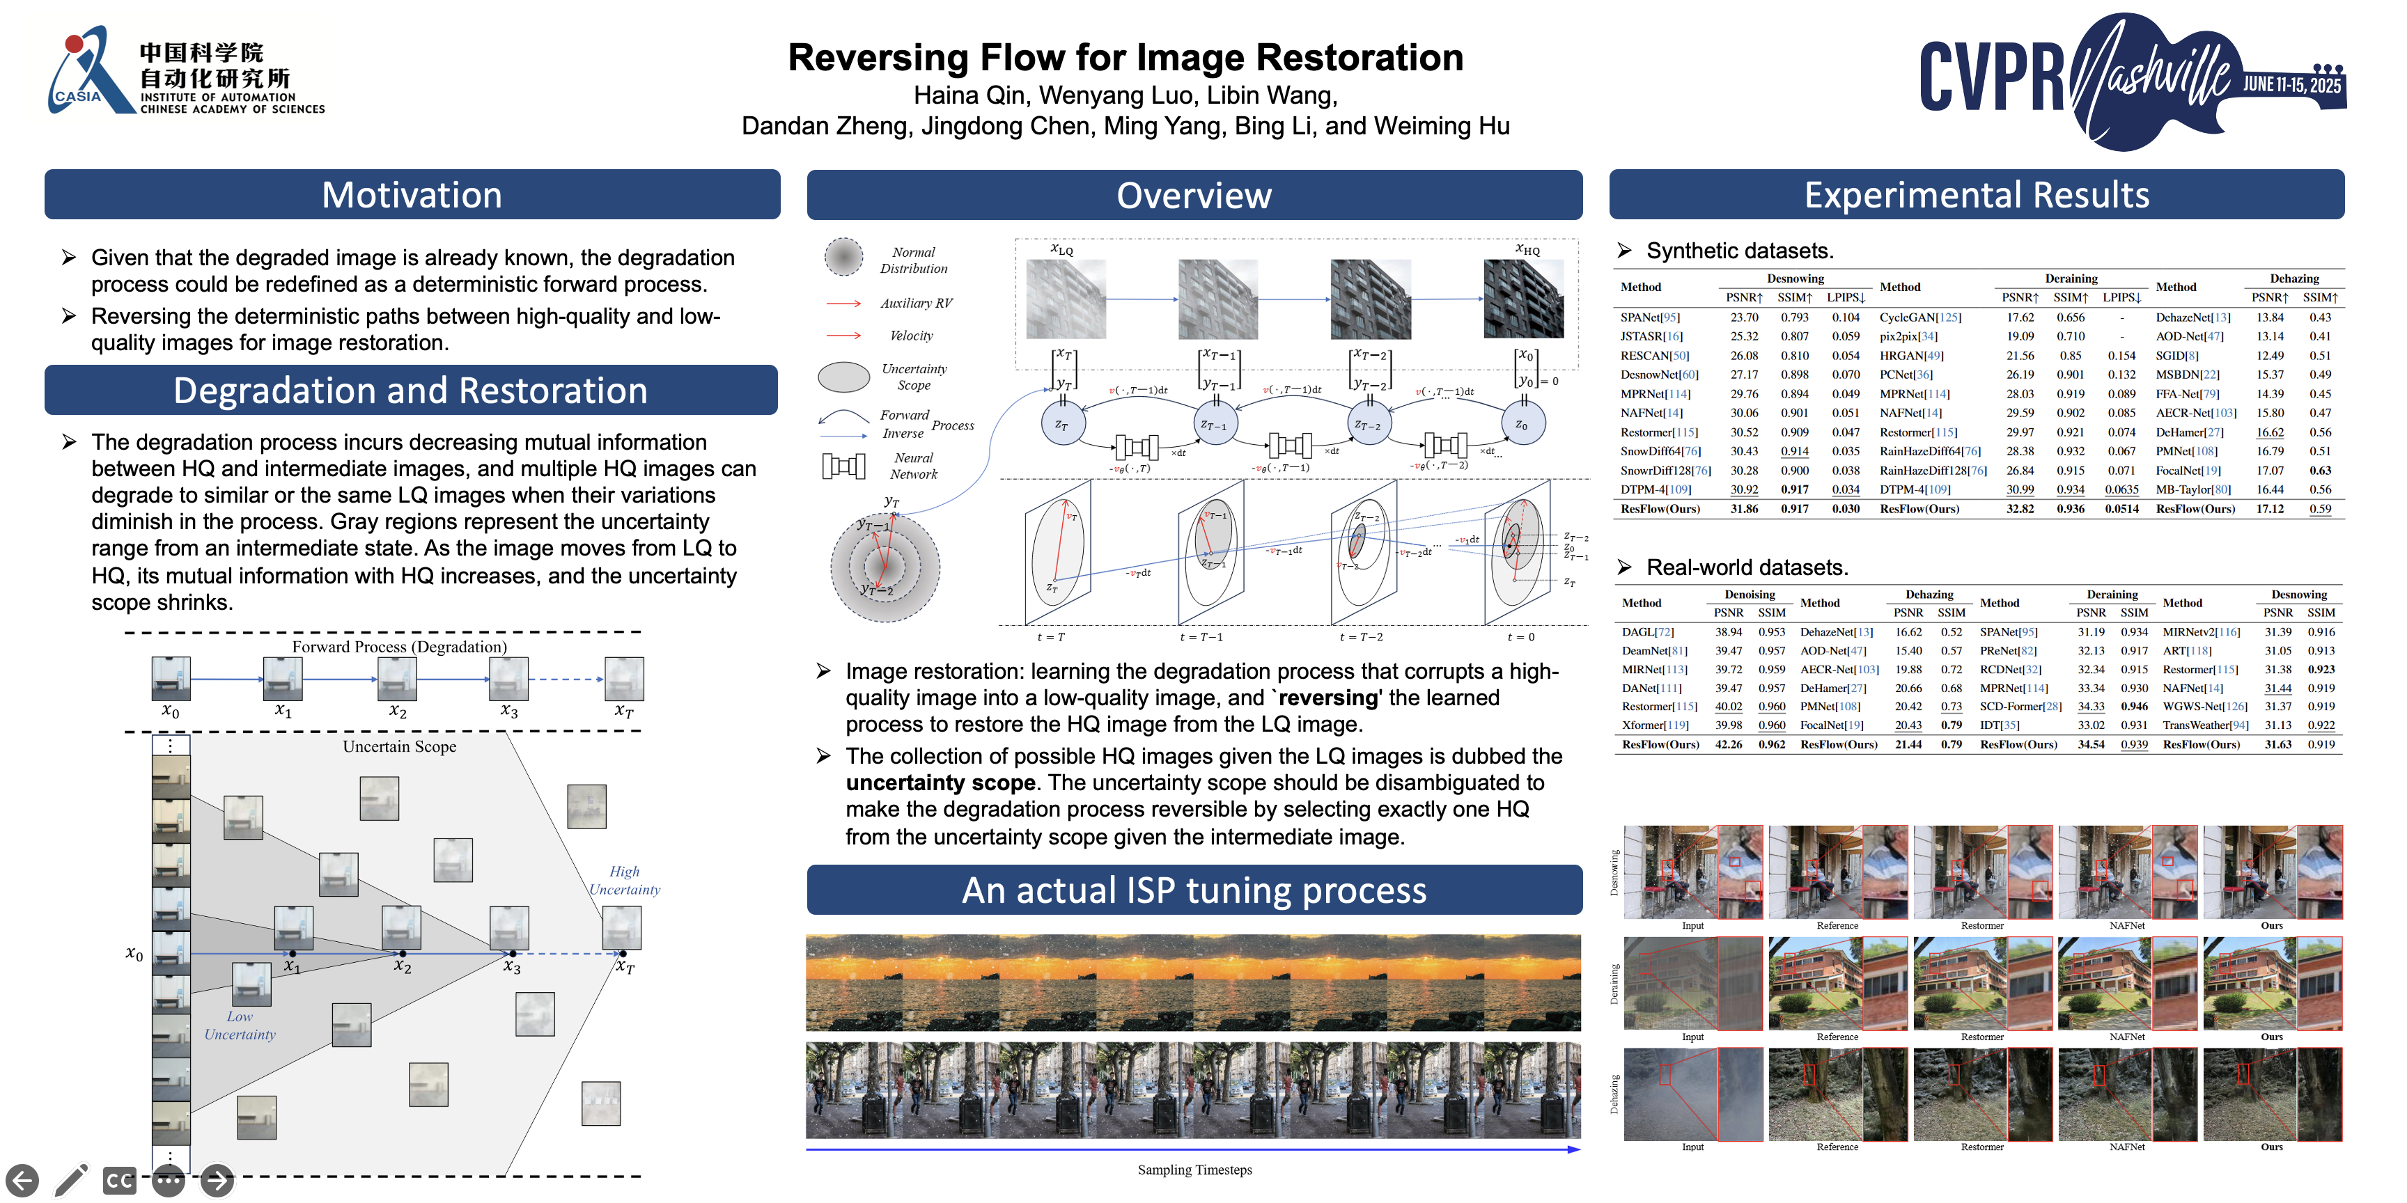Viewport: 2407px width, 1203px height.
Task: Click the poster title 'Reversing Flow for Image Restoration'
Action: tap(1125, 58)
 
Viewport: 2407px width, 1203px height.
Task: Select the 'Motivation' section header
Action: tap(412, 195)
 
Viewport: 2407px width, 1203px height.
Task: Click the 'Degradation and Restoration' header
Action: tap(411, 391)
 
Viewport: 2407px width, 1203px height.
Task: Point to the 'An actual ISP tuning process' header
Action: tap(1194, 890)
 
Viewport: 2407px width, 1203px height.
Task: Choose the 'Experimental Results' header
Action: tap(1977, 195)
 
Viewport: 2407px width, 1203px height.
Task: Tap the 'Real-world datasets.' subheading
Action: tap(1745, 568)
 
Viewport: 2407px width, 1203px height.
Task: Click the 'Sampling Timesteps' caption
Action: tap(1194, 1170)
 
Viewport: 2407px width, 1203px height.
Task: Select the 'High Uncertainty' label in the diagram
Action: tap(624, 880)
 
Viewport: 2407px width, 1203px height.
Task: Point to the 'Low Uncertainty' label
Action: tap(240, 1025)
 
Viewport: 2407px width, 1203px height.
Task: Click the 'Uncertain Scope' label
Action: tap(399, 746)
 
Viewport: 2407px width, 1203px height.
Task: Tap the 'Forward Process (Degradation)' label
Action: tap(399, 646)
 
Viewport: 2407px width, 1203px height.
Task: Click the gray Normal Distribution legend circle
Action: tap(843, 257)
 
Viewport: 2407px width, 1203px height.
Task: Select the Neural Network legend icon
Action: tap(843, 466)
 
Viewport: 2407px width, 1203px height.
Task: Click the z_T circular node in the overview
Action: tap(1061, 424)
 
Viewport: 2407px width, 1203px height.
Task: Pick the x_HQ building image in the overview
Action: tap(1523, 299)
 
